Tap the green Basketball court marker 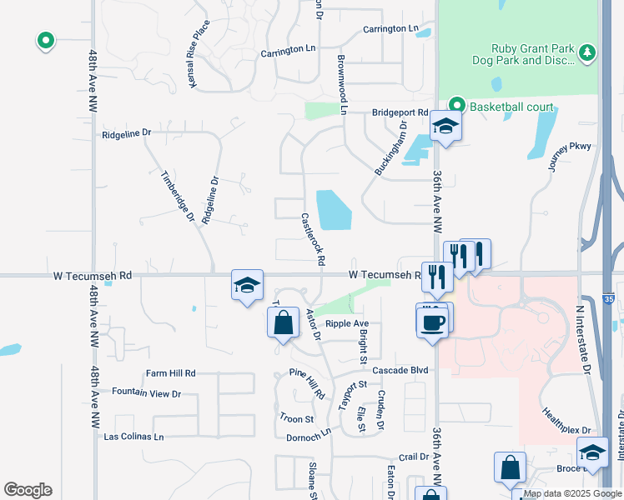tap(456, 106)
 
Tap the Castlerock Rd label tap(312, 238)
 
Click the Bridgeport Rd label tap(400, 112)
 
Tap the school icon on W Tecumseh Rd tap(247, 286)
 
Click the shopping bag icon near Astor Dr tap(283, 322)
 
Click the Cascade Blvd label tap(400, 370)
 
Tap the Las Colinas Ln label tap(133, 436)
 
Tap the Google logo tap(28, 490)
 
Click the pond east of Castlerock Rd tap(334, 210)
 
